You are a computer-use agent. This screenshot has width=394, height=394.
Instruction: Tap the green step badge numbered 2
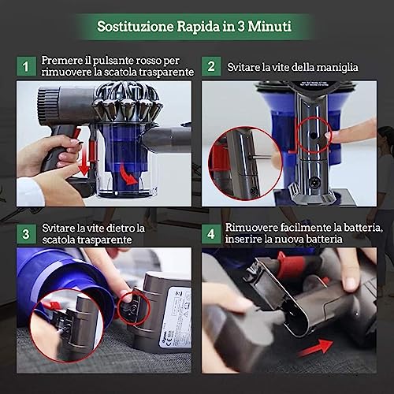[210, 67]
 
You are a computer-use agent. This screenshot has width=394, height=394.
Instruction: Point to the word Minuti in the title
[268, 26]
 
